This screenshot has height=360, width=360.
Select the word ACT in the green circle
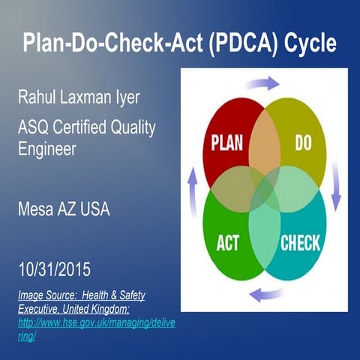click(227, 244)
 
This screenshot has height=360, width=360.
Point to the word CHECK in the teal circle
click(300, 243)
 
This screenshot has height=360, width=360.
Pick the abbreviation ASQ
click(36, 128)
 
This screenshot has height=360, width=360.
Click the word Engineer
click(49, 148)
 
